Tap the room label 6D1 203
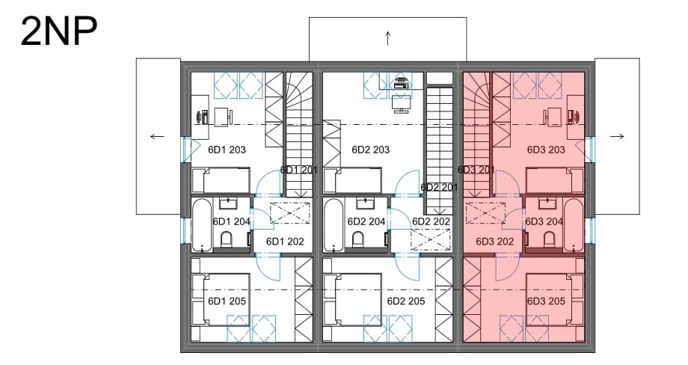click(227, 150)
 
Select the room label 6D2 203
click(371, 150)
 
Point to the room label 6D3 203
click(546, 150)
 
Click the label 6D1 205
click(227, 301)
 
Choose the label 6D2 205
click(406, 301)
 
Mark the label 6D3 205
click(546, 301)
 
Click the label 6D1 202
click(285, 242)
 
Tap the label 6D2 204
click(366, 222)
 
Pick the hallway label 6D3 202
click(495, 242)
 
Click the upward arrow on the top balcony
click(388, 38)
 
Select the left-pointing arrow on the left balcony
click(157, 136)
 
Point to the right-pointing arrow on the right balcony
click(617, 136)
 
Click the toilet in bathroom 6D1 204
click(227, 240)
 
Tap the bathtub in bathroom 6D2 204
click(334, 225)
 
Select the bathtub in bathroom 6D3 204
click(574, 225)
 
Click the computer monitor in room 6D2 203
click(401, 104)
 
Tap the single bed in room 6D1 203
click(221, 180)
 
